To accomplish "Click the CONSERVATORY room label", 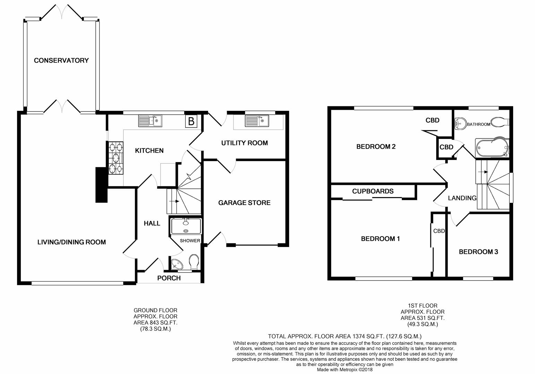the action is click(61, 60).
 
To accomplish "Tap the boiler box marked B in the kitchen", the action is click(191, 121).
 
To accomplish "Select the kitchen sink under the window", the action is click(150, 121).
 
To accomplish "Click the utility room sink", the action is click(257, 121).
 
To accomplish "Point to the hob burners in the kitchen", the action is click(116, 158).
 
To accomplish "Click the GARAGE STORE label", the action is click(244, 203).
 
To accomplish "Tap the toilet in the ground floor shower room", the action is click(194, 262).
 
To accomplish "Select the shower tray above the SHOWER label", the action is click(186, 226).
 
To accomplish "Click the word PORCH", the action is click(169, 278).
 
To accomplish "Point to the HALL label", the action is click(152, 223).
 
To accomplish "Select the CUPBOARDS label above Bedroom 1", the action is click(373, 191).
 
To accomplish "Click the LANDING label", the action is click(462, 198).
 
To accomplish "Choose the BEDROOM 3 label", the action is click(478, 252).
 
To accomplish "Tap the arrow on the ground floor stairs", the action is click(174, 201).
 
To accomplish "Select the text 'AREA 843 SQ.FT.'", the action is click(155, 323).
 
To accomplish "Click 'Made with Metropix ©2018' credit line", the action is click(345, 370).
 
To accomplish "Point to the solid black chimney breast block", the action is click(102, 185).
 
